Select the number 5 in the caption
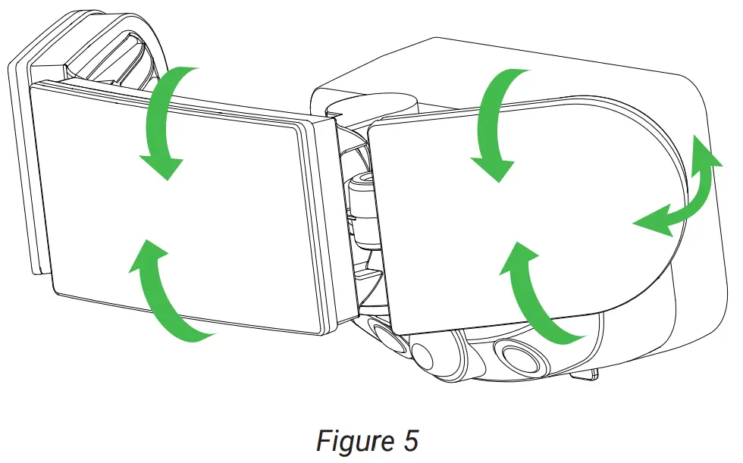point(409,440)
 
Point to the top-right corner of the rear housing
point(686,72)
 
